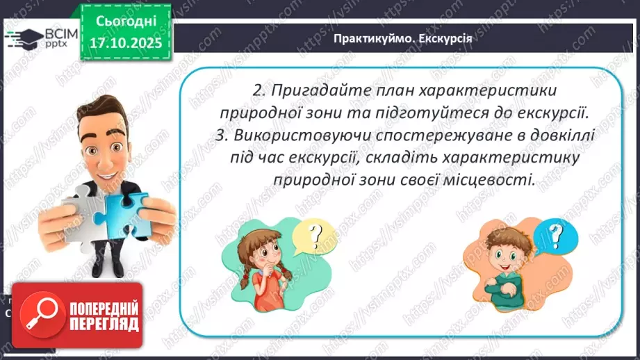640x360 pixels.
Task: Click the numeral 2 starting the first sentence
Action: click(x=257, y=91)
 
